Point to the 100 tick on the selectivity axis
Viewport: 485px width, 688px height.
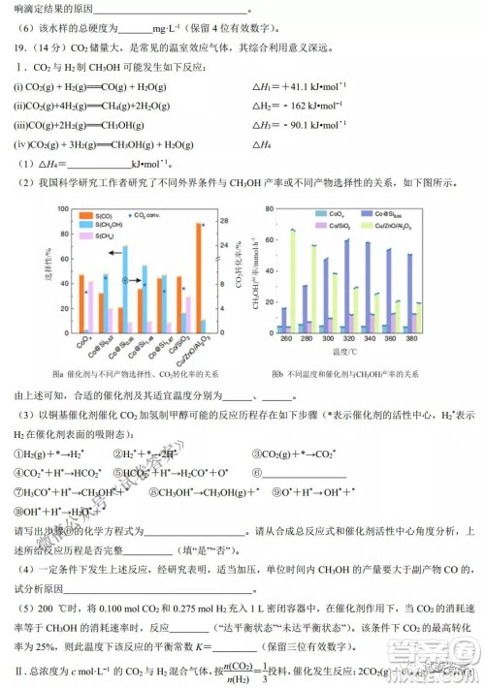click(x=64, y=210)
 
